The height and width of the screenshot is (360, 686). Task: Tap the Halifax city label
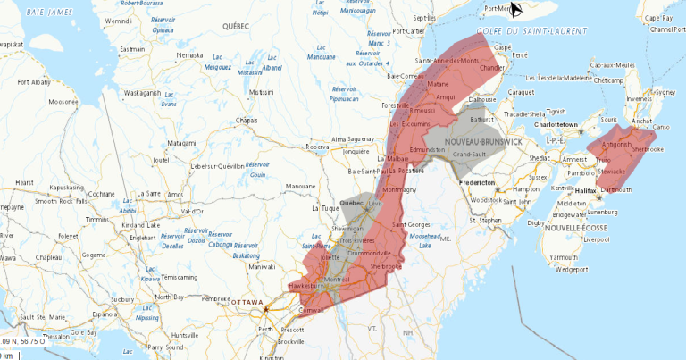586,190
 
